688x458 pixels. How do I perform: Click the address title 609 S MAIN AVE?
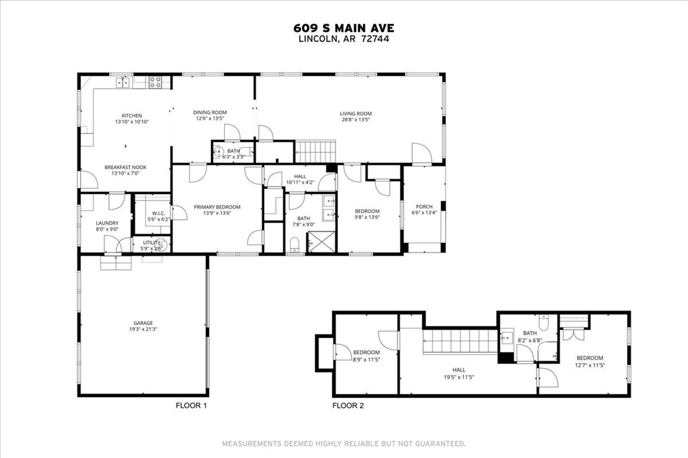coord(344,28)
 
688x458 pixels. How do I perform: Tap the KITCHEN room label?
coord(132,116)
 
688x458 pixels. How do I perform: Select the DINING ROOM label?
coord(210,113)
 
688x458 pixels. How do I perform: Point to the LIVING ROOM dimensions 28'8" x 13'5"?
coord(355,119)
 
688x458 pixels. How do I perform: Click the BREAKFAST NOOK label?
coord(125,167)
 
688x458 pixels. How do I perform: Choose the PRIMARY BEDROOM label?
coord(217,207)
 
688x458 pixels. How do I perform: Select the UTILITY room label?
coord(151,242)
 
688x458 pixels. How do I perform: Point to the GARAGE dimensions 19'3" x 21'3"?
coord(143,329)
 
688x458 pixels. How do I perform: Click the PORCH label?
coord(424,207)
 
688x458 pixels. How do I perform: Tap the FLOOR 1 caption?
coord(191,405)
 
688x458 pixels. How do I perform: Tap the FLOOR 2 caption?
coord(348,405)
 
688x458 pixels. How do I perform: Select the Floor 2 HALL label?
coord(459,370)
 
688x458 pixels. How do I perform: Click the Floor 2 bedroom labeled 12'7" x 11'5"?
coord(589,358)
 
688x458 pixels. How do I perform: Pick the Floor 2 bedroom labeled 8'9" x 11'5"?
coord(366,352)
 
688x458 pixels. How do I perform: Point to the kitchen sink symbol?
coord(122,82)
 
